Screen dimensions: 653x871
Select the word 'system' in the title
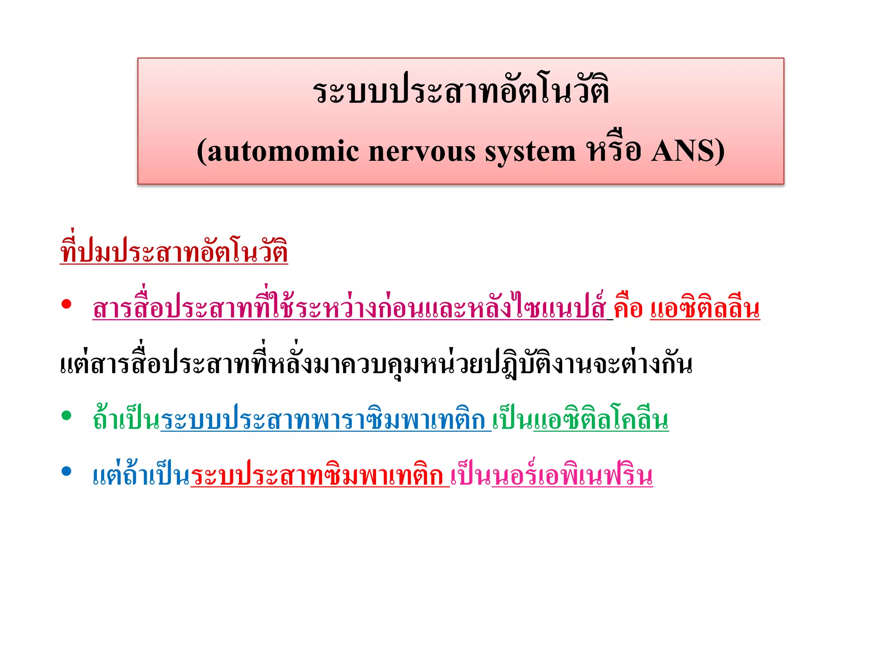click(x=530, y=152)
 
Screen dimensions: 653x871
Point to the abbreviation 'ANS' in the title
click(x=682, y=151)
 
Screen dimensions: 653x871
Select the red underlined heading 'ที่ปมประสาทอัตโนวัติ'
click(x=174, y=251)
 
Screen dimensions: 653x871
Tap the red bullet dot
click(x=66, y=304)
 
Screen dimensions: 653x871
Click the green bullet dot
click(x=66, y=415)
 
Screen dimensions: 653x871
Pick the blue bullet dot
click(x=66, y=471)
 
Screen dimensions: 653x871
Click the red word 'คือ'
click(x=628, y=308)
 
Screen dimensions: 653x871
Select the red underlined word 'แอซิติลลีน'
click(x=705, y=308)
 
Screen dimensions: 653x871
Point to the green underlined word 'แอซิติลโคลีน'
click(x=601, y=420)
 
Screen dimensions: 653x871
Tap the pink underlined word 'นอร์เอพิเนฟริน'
click(x=572, y=475)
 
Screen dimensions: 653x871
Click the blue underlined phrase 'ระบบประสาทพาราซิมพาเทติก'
click(x=325, y=420)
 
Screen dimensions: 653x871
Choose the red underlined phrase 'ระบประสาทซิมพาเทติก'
click(x=319, y=475)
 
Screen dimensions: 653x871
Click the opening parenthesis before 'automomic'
click(x=202, y=152)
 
